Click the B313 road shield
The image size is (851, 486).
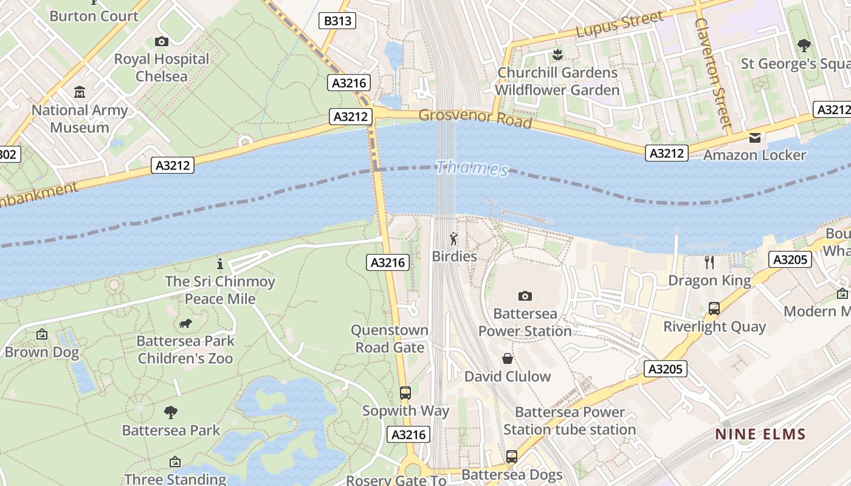[337, 21]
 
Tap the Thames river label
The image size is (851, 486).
[472, 168]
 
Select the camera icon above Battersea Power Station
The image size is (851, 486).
[525, 296]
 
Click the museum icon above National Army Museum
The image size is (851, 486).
[80, 92]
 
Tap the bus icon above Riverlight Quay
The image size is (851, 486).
[714, 309]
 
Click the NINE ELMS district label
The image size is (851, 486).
[760, 434]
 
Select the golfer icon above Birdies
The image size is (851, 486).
[453, 239]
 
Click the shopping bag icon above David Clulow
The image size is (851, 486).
[507, 358]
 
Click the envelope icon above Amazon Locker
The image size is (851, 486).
[754, 138]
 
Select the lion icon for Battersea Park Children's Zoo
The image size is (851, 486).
[185, 324]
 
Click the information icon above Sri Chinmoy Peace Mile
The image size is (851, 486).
[220, 264]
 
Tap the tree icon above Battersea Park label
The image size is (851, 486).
[171, 412]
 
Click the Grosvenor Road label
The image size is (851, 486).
[475, 118]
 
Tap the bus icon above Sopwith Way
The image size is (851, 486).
[405, 393]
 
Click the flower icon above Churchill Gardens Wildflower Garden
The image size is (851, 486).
[556, 55]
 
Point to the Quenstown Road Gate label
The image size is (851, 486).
[390, 339]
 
